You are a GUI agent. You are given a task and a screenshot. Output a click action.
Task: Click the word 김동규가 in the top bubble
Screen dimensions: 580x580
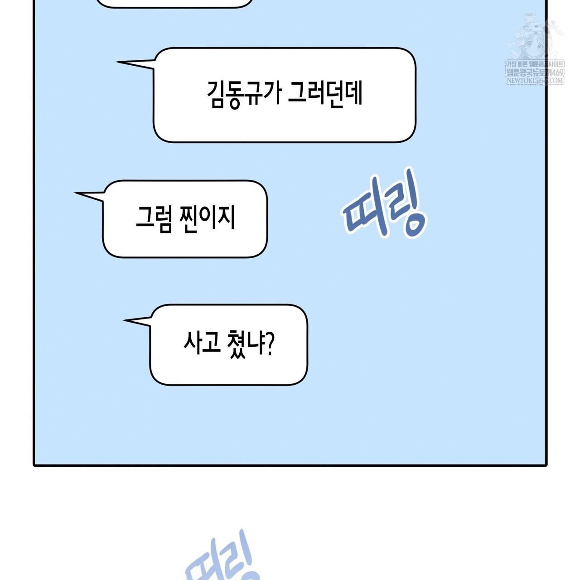coord(244,94)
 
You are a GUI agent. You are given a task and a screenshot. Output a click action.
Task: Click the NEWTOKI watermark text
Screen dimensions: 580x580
coord(535,81)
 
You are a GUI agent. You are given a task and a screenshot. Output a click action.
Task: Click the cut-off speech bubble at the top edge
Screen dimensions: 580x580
coord(175,4)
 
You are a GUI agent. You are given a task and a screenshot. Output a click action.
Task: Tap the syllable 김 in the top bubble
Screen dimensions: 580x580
coord(217,94)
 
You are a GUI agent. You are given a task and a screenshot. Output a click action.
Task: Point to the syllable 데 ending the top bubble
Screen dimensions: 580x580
coord(353,93)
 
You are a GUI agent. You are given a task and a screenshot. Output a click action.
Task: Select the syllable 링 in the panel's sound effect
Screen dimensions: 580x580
coord(406,204)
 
